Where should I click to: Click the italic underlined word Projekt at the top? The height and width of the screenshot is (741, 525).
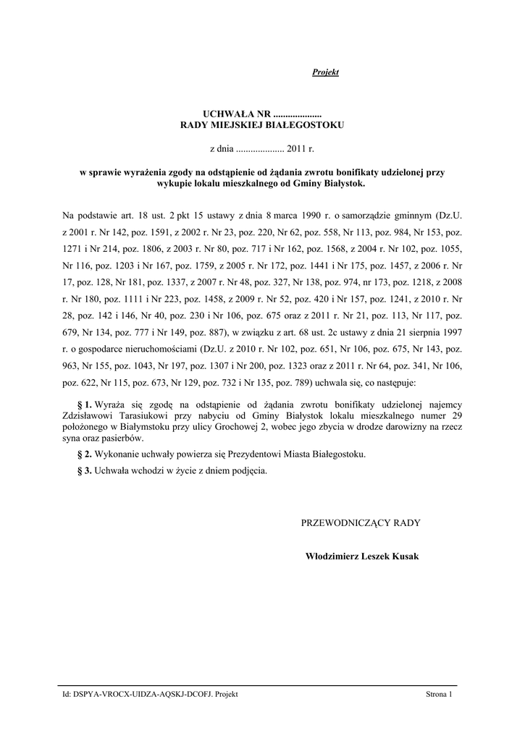coord(325,72)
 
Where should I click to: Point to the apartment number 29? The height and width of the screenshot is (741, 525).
coord(456,416)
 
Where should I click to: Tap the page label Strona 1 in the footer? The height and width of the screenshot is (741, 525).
coord(439,695)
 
